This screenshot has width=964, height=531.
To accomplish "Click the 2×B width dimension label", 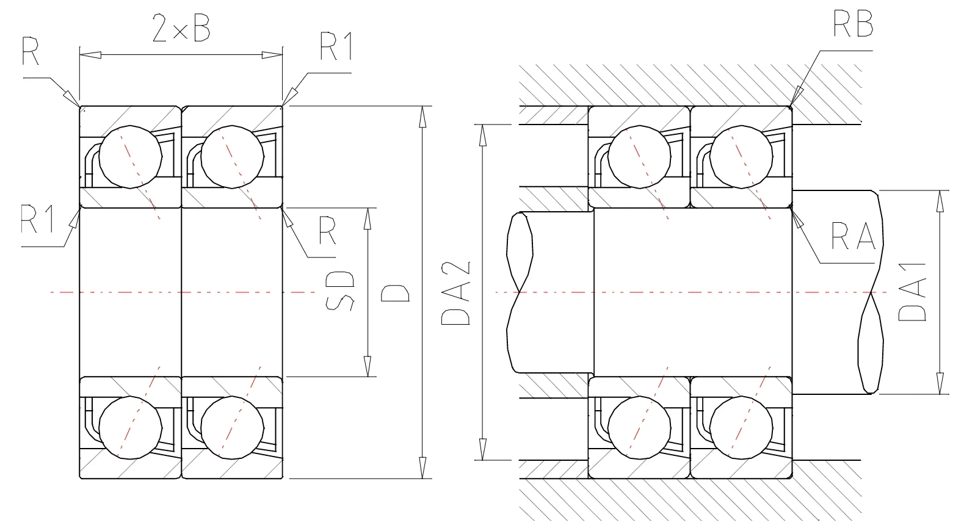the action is coord(181,29).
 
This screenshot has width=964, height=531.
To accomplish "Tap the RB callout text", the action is coord(853,24).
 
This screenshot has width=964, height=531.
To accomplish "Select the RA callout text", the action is coord(853,236).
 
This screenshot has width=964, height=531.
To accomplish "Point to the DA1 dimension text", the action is coord(912,292).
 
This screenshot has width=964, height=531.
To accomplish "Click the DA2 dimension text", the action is coord(456,293).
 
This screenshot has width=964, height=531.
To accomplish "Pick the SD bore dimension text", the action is coord(339,291).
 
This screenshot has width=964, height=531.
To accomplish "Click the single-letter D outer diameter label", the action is coord(395,293).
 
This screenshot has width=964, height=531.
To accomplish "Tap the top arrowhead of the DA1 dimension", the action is coord(940,201).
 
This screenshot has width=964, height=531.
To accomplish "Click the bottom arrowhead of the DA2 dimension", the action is coord(483,449).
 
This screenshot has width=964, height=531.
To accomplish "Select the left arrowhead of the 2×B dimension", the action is coord(90,55).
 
